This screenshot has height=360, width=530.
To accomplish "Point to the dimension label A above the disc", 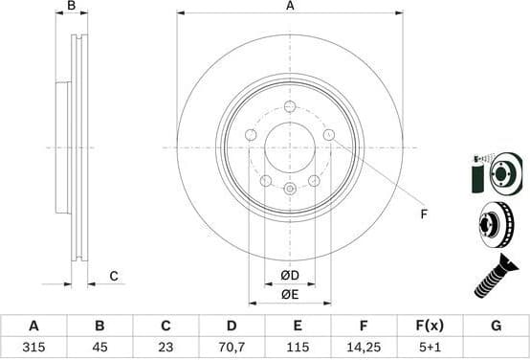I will coord(289,7).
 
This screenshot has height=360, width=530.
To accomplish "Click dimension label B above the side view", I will coord(72,7).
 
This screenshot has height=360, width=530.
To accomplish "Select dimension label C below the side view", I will coord(112,277).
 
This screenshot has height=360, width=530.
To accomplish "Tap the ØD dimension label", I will coord(290,277).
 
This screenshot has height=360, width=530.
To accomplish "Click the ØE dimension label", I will coord(290,295).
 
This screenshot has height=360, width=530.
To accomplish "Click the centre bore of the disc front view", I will coord(290,147).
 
